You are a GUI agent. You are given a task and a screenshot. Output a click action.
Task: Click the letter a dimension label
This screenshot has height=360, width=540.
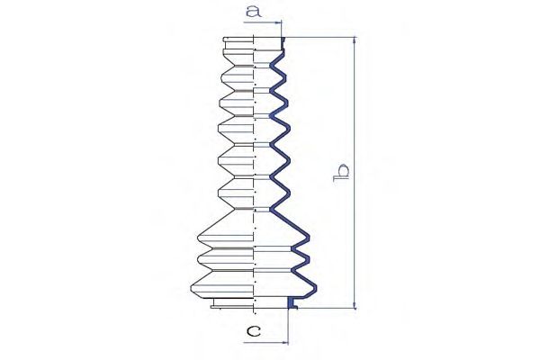pyautogui.click(x=254, y=12)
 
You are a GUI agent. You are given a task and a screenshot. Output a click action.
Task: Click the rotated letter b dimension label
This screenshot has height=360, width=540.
pyautogui.click(x=341, y=174)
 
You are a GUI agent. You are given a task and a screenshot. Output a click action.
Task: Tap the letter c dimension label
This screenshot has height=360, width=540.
pyautogui.click(x=254, y=331)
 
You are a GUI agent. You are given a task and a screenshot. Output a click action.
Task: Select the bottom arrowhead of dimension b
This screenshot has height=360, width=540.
pyautogui.click(x=355, y=305)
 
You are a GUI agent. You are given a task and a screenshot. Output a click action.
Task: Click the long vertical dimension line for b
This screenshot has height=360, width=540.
pyautogui.click(x=355, y=173)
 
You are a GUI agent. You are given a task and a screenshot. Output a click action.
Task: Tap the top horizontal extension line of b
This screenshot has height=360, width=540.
pyautogui.click(x=319, y=37)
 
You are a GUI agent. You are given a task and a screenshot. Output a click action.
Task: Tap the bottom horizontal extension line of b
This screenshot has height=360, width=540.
pyautogui.click(x=327, y=309)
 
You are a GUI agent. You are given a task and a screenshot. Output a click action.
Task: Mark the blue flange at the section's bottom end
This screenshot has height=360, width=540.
pyautogui.click(x=292, y=303)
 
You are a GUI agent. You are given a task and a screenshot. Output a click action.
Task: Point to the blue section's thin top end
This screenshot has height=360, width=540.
pyautogui.click(x=283, y=44)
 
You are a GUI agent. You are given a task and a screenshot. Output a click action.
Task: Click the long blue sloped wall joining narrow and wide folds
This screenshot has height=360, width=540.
pyautogui.click(x=290, y=222)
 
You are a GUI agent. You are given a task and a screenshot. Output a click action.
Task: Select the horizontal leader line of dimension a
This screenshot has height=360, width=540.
pyautogui.click(x=263, y=22)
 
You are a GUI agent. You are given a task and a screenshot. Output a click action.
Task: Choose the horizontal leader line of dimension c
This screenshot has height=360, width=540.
pyautogui.click(x=265, y=343)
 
